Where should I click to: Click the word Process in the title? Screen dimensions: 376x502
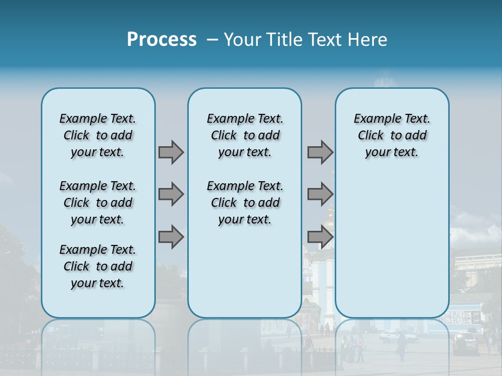click(x=162, y=40)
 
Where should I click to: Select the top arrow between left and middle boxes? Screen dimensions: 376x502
click(x=171, y=152)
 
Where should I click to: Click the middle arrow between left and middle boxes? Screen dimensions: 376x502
click(x=171, y=194)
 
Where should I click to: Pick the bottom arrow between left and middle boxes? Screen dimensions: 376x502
click(x=171, y=237)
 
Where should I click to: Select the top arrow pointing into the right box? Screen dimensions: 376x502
click(x=320, y=152)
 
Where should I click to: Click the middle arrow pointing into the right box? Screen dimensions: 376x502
click(x=320, y=194)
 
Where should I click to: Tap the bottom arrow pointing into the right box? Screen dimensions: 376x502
click(x=320, y=237)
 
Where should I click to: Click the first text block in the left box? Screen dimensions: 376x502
click(x=98, y=135)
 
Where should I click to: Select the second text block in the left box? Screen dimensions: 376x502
click(x=98, y=203)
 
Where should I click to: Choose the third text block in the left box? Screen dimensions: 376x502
click(x=98, y=266)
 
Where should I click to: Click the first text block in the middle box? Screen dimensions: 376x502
click(x=245, y=135)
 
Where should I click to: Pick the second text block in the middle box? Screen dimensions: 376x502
click(x=245, y=203)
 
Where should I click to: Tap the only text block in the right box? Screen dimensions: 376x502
click(x=392, y=135)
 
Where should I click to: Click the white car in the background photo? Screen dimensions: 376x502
click(x=397, y=336)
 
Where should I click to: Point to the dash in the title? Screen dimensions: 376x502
click(x=212, y=40)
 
